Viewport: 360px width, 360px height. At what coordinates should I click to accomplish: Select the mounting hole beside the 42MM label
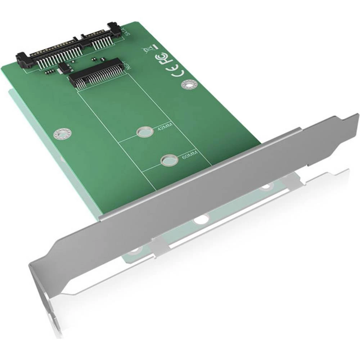(144, 132)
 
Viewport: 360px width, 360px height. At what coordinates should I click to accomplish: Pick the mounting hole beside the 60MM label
(168, 159)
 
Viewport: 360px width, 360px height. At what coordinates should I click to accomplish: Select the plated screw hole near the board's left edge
(60, 134)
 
